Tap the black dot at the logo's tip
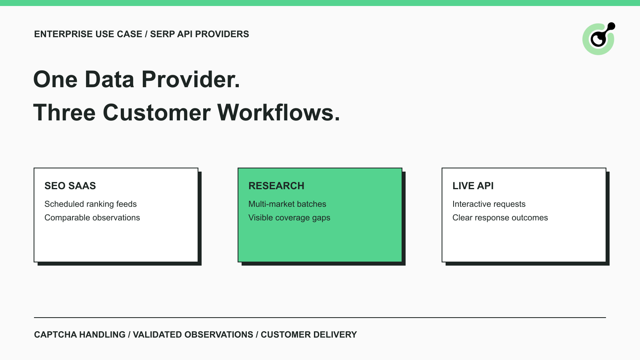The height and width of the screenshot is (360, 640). coord(611,26)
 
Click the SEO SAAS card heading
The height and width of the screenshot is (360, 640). coord(70,186)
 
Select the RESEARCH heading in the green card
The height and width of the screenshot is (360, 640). coord(276,186)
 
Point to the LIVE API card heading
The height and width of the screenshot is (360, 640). coord(473,186)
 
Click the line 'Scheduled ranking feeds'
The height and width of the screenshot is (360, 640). coord(90,204)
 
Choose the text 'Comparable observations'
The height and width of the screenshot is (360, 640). coord(92,218)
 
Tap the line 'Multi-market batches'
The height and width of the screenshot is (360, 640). coord(287,204)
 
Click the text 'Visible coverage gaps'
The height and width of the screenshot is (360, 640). coord(289,218)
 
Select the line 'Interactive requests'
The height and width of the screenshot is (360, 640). coord(489,204)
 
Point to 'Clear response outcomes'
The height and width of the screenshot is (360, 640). coord(500,218)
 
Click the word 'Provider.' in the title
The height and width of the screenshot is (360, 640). coord(190,79)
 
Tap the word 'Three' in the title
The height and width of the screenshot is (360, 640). coord(64,112)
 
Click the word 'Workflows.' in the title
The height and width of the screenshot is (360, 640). coord(278,112)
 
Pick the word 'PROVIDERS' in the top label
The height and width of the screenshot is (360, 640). coord(222,34)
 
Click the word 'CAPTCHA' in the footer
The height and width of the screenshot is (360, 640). coord(56,334)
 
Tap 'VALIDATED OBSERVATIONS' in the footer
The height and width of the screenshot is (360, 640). coord(193,334)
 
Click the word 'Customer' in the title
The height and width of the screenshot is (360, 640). coord(156,112)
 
